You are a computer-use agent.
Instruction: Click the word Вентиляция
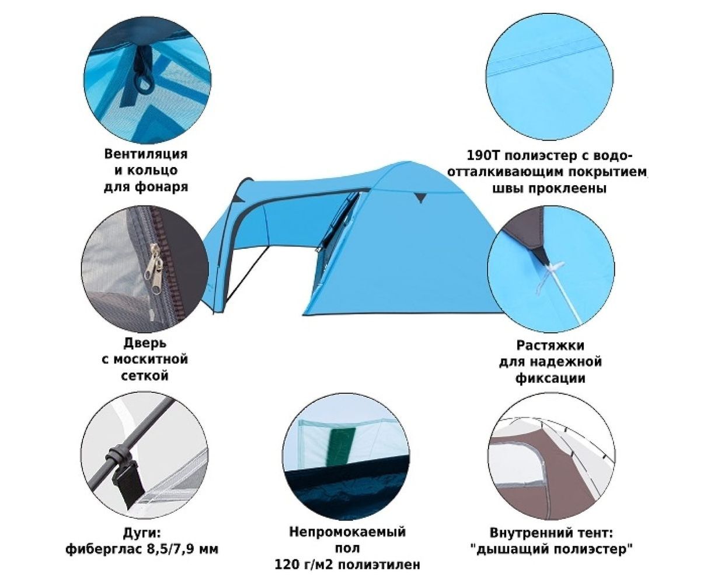click(145, 154)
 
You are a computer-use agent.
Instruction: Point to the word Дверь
click(145, 343)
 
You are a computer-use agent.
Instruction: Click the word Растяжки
click(550, 346)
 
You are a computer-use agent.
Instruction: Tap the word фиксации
click(551, 378)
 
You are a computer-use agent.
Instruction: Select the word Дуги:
click(141, 533)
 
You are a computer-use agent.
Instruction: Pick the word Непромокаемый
click(347, 532)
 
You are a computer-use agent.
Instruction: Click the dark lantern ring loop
click(145, 83)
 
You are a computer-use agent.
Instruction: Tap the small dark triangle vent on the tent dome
click(420, 197)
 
